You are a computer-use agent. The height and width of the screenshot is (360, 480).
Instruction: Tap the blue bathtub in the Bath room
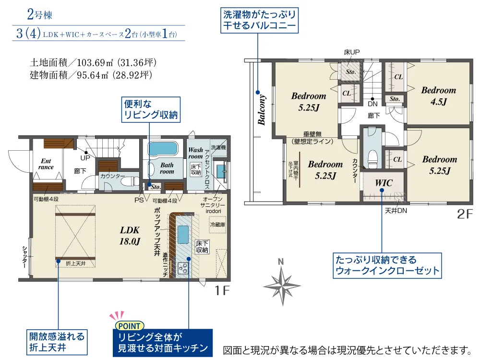[163, 148]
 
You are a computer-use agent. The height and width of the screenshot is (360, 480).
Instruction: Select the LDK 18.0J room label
[130, 235]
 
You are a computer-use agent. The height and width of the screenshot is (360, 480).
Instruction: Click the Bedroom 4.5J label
[438, 96]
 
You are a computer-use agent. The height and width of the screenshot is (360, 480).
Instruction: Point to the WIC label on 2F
[384, 183]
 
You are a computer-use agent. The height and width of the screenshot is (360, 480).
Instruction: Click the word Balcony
[262, 110]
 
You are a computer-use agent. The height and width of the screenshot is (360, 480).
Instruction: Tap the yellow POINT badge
[129, 326]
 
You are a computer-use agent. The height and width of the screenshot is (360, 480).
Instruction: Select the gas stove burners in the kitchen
[183, 268]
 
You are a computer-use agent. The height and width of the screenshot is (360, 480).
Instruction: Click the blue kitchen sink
[183, 234]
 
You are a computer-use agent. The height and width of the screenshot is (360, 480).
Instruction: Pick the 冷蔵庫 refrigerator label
[217, 224]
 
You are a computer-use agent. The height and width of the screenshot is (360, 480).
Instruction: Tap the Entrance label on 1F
[46, 164]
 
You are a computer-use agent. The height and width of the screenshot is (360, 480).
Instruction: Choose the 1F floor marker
[222, 290]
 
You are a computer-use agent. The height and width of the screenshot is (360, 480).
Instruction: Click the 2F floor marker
[465, 214]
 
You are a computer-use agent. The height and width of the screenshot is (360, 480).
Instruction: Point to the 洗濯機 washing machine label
[218, 147]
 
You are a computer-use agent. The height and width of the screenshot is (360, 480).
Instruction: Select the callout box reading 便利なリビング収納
[151, 109]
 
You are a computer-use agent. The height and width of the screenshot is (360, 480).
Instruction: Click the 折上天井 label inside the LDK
[76, 263]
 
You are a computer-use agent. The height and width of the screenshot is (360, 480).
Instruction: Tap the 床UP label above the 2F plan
[352, 52]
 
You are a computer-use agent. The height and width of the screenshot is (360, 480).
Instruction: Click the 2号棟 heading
[40, 14]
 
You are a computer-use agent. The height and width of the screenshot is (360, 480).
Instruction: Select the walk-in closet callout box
[387, 265]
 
